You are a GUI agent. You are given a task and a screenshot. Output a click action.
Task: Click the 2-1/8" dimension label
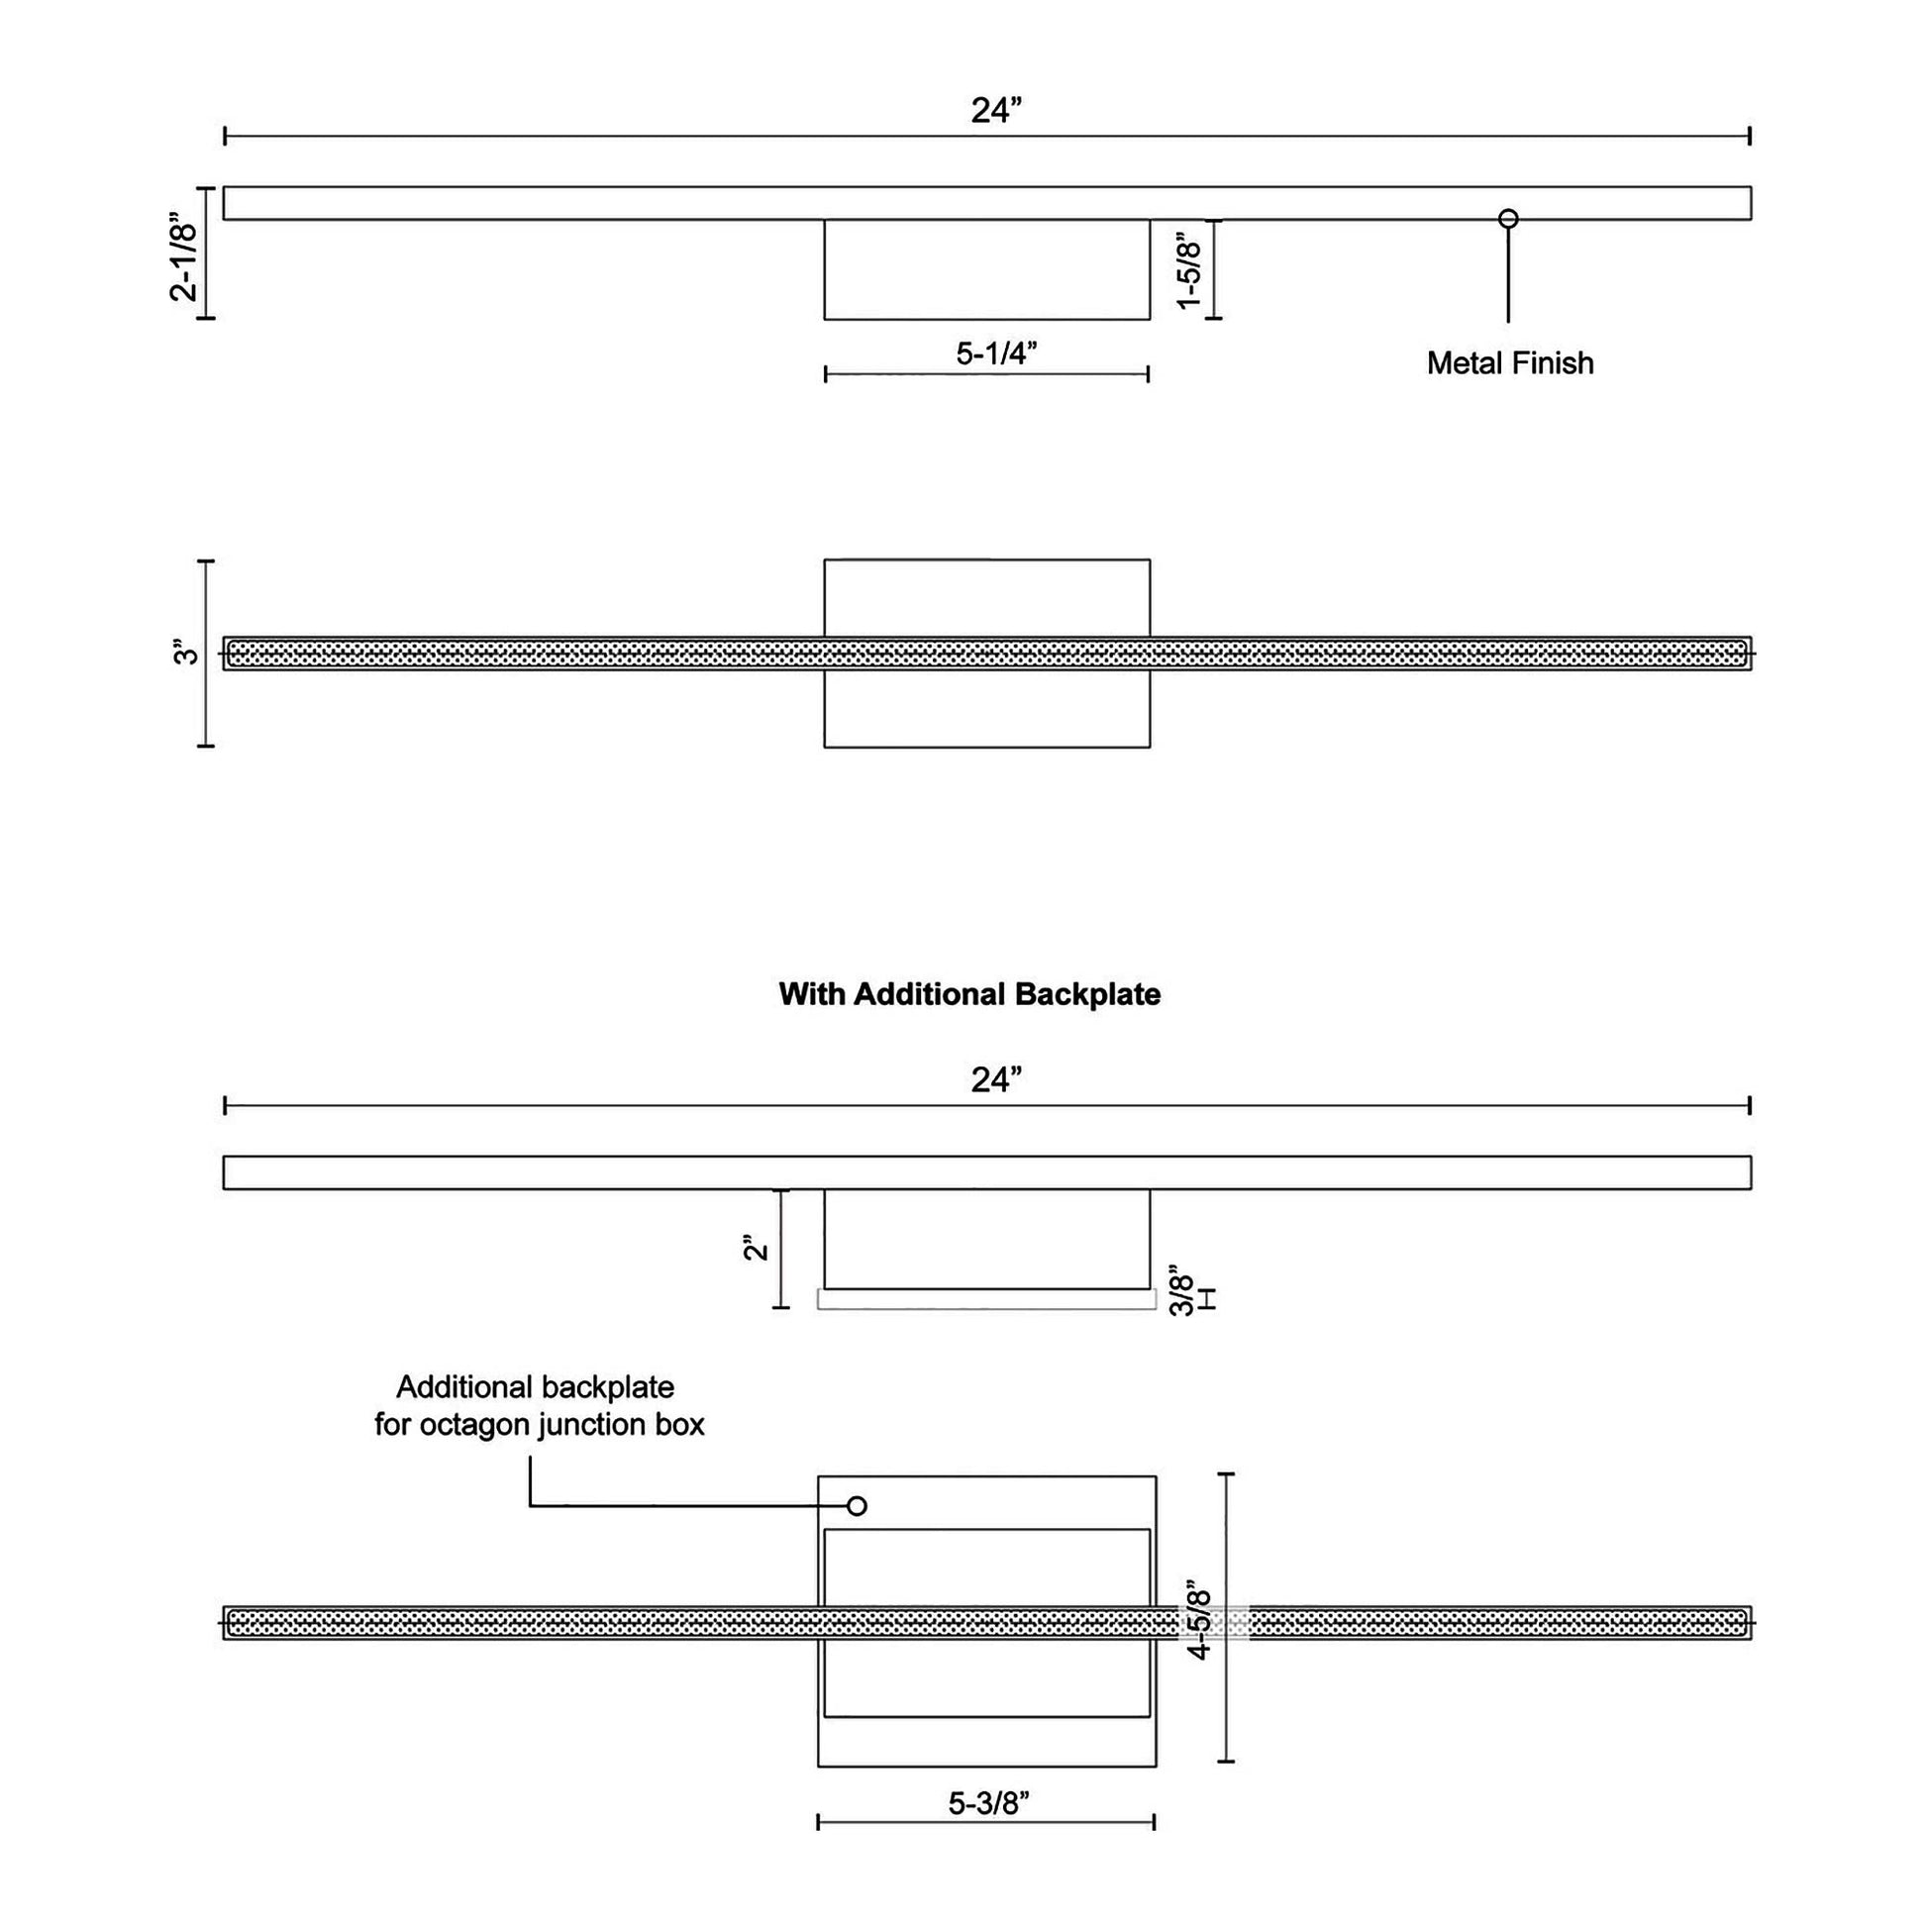[184, 254]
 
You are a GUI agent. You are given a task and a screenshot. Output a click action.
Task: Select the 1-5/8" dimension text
[1189, 271]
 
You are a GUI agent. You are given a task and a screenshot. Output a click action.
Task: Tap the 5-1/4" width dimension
[996, 354]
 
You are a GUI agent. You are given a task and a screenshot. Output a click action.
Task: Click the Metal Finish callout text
[1510, 363]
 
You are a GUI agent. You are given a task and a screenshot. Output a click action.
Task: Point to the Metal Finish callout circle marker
[1508, 219]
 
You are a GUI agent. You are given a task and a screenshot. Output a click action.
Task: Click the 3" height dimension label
[186, 654]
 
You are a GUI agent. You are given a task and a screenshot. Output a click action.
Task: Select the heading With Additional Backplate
[969, 994]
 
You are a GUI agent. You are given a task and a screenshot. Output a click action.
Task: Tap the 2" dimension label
[757, 1247]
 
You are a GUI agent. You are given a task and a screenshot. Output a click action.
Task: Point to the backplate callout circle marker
[856, 1506]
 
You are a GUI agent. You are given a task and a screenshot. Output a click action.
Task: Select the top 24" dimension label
[996, 111]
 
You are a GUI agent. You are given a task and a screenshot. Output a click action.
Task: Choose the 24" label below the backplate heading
[996, 1080]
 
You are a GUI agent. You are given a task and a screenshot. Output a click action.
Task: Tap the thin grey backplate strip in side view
[986, 1298]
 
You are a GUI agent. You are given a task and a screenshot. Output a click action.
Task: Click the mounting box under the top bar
[986, 269]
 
